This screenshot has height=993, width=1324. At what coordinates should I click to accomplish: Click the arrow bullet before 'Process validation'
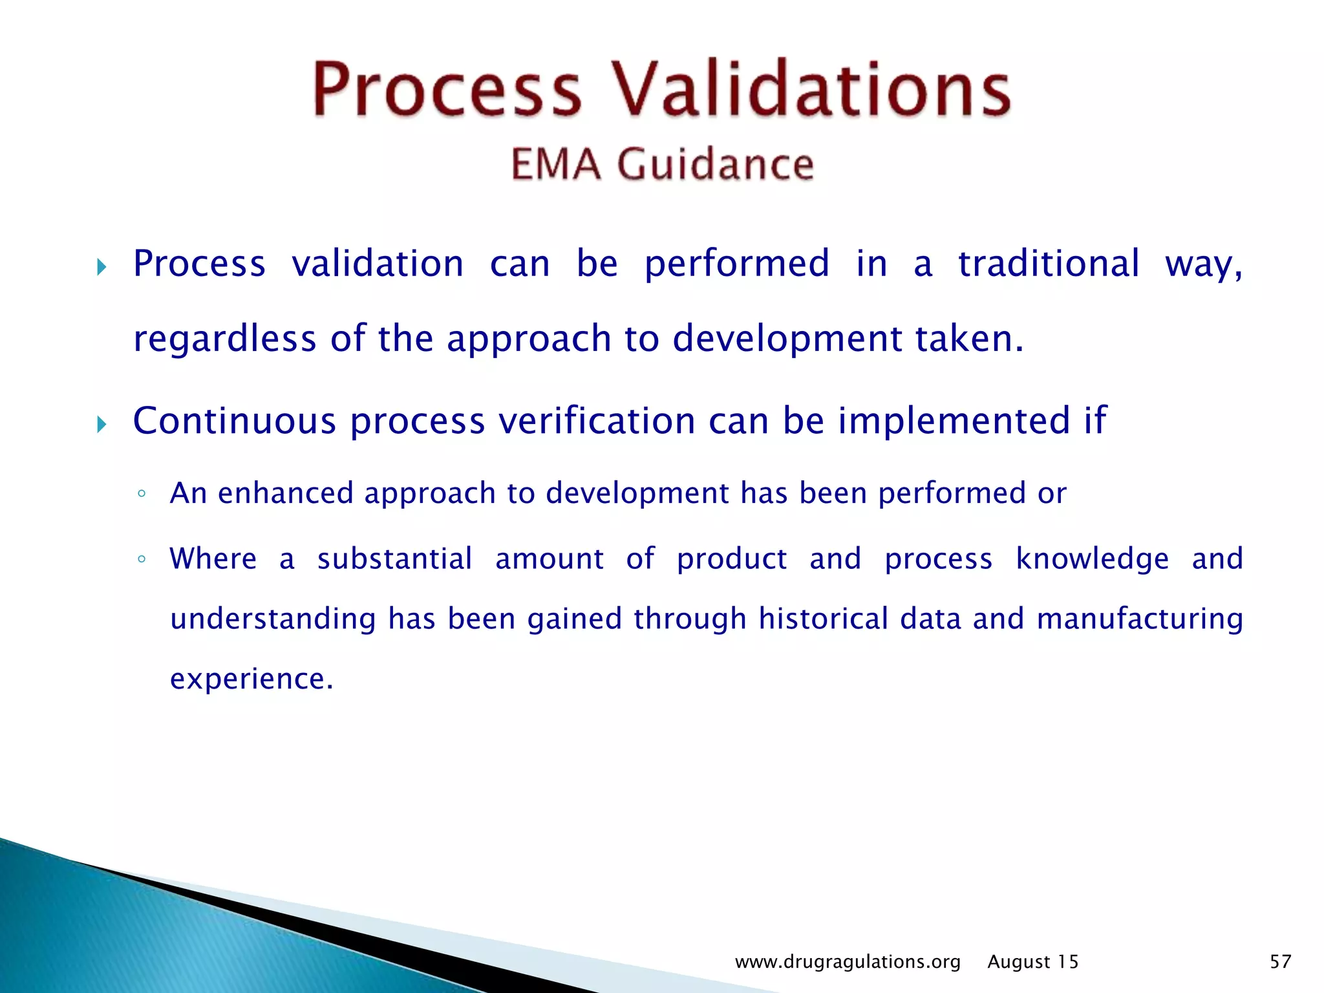pos(101,266)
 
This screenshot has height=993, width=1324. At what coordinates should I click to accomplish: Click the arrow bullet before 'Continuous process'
pos(101,424)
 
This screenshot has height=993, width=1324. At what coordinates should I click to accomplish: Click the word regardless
pos(224,339)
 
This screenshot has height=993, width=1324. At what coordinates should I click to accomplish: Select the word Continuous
pos(234,421)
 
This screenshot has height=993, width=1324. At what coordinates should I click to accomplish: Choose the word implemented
pos(954,421)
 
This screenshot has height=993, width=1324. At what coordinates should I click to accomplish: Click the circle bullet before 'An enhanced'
pos(142,495)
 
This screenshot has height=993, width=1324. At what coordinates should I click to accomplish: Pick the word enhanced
pos(285,493)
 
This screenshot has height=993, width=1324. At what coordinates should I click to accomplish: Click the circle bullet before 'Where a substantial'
pos(142,559)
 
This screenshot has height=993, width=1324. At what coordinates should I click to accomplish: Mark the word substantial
pos(394,559)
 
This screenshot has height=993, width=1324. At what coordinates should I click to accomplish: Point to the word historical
pos(823,619)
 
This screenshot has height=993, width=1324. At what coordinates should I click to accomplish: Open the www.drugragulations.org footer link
pos(848,962)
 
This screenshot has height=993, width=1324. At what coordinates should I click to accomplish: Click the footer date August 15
pos(1032,962)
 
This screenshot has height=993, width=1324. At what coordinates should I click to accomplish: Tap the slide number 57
pos(1280,962)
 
